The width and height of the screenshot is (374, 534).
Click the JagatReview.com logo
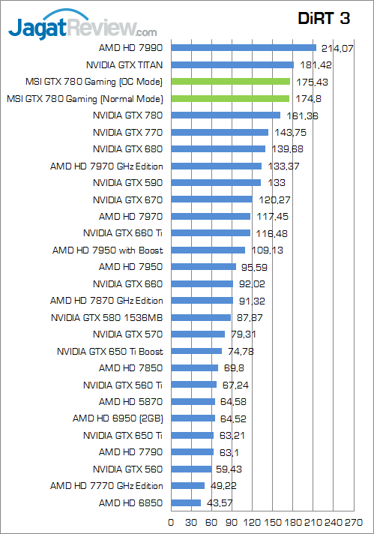(x=82, y=28)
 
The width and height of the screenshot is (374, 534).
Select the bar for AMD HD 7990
(x=244, y=48)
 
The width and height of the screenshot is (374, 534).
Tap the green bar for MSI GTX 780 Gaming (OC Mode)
(x=230, y=81)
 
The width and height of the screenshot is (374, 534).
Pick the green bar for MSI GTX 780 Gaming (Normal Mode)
(x=230, y=98)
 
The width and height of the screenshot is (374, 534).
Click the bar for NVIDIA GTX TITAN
(x=232, y=64)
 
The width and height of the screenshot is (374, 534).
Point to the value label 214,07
(x=337, y=48)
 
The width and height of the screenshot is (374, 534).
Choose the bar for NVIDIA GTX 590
(x=216, y=182)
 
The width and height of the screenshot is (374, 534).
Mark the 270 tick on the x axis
(x=353, y=522)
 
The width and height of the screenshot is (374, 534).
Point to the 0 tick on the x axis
(x=172, y=522)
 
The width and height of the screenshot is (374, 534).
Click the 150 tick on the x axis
(x=273, y=522)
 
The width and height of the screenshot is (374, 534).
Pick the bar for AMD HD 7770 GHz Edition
(x=188, y=485)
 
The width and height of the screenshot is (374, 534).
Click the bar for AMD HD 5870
(x=193, y=401)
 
